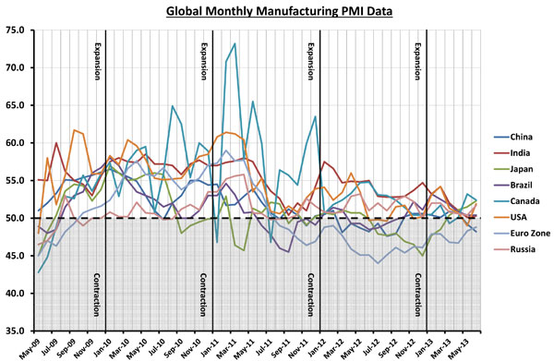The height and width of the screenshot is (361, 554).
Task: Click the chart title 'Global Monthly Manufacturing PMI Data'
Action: tap(276, 12)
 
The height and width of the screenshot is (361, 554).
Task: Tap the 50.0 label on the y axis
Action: tap(17, 218)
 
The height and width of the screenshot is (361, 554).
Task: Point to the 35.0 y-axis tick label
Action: tap(17, 331)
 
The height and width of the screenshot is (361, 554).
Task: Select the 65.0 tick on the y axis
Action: tap(17, 105)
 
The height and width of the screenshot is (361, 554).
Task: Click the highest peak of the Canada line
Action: tap(235, 43)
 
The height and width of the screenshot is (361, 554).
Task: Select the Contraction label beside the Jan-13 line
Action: tap(417, 294)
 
